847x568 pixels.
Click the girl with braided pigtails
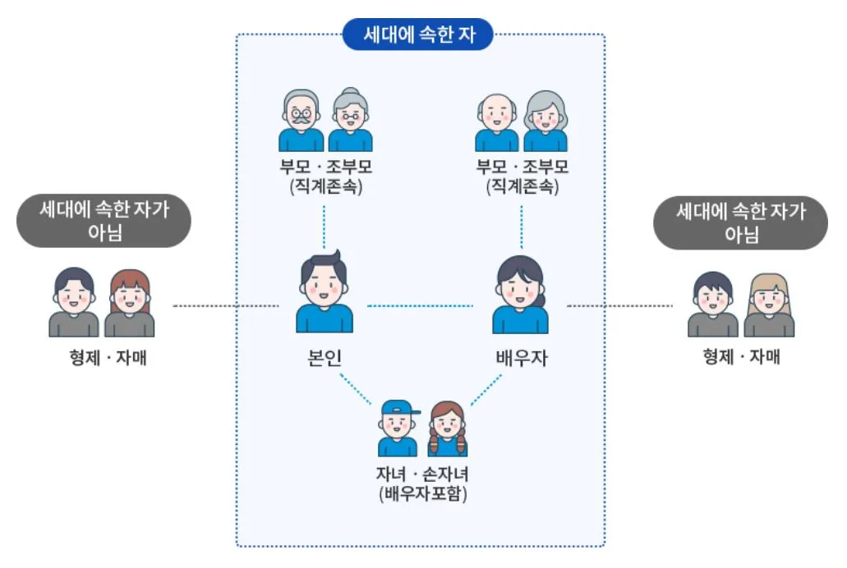(448, 428)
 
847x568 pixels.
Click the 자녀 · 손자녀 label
(422, 475)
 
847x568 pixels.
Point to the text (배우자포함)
(422, 494)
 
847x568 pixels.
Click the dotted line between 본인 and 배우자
(420, 306)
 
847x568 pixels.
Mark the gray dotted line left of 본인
(228, 306)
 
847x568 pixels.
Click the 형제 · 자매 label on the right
(741, 357)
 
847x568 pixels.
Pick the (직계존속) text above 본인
(325, 186)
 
